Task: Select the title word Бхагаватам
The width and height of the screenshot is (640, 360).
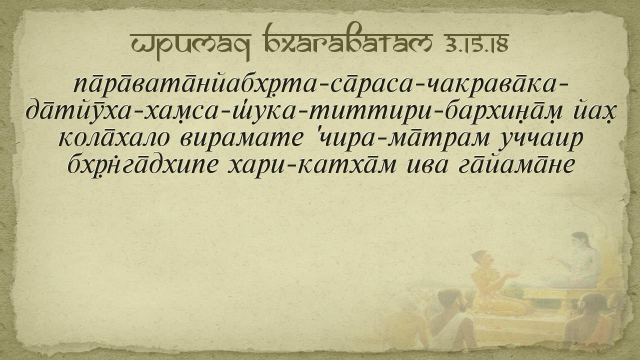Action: pyautogui.click(x=347, y=40)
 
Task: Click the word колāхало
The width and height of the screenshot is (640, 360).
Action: pyautogui.click(x=114, y=138)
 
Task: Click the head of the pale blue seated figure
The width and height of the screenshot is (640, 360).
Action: pyautogui.click(x=579, y=241)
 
